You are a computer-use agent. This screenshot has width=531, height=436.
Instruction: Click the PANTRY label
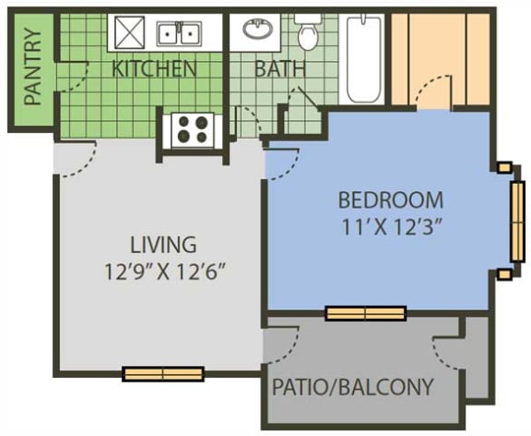click(33, 67)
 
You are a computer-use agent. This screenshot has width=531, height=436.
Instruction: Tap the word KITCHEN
click(154, 68)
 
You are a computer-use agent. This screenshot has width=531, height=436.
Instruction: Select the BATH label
click(275, 68)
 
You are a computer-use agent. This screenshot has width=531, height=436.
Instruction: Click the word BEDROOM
click(390, 200)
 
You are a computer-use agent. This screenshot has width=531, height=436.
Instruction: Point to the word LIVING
click(163, 245)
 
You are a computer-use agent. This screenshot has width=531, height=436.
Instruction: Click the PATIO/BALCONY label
click(352, 386)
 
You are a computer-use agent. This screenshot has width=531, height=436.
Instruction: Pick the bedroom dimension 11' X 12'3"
click(391, 226)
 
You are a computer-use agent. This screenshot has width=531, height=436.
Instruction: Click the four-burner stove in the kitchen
click(192, 128)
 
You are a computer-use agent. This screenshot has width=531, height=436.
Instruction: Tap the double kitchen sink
click(179, 34)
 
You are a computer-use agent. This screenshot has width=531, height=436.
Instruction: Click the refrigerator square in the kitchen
click(127, 33)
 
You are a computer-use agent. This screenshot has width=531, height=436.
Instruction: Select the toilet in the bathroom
click(308, 34)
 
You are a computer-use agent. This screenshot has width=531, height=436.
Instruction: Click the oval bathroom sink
click(258, 30)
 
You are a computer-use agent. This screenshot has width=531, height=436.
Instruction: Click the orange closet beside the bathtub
click(439, 57)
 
